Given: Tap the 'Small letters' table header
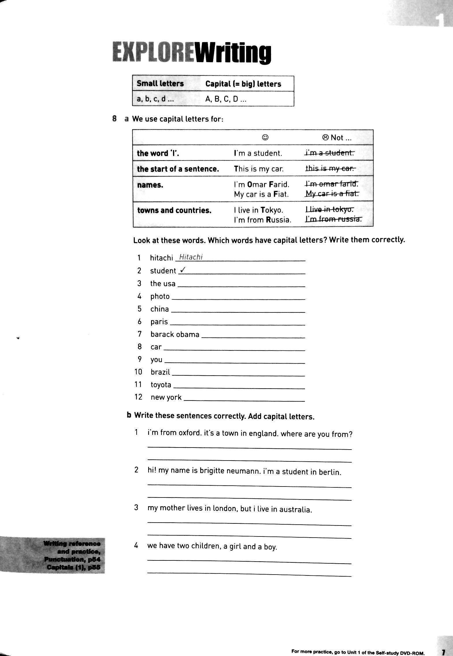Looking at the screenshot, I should [x=160, y=84].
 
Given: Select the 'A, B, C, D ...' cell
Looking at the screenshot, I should [x=226, y=99].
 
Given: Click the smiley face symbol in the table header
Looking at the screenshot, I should [x=265, y=137].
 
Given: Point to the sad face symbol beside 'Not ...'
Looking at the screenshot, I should [x=326, y=137].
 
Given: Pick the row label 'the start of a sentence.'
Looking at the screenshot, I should [x=178, y=169].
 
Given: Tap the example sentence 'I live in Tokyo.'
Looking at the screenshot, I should [x=259, y=210].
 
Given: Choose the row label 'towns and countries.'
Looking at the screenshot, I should [x=174, y=210].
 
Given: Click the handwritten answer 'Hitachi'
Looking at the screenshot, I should [x=191, y=257].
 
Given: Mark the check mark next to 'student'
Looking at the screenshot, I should [x=183, y=270].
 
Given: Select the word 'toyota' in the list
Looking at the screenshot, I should [x=161, y=385].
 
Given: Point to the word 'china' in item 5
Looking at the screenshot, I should [x=159, y=309].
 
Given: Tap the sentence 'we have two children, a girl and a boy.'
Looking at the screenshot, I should [x=212, y=546].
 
